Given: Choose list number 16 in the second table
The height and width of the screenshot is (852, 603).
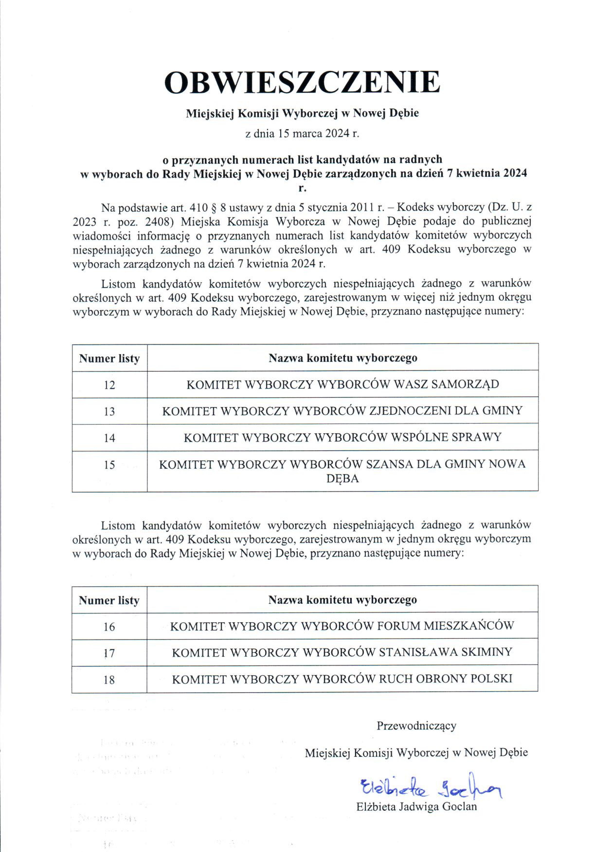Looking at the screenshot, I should tap(109, 627).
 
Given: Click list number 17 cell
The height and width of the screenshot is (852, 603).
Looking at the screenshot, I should tap(109, 654).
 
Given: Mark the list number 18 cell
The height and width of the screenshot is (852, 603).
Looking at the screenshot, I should tap(109, 680).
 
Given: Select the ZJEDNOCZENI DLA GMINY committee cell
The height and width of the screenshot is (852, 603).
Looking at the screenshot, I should tap(342, 411).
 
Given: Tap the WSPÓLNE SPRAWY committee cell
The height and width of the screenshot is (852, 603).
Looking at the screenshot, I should tap(342, 437).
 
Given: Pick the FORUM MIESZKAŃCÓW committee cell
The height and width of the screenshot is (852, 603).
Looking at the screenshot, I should tap(342, 626).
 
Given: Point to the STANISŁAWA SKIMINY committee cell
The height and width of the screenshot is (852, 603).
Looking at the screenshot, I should tap(342, 652).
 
